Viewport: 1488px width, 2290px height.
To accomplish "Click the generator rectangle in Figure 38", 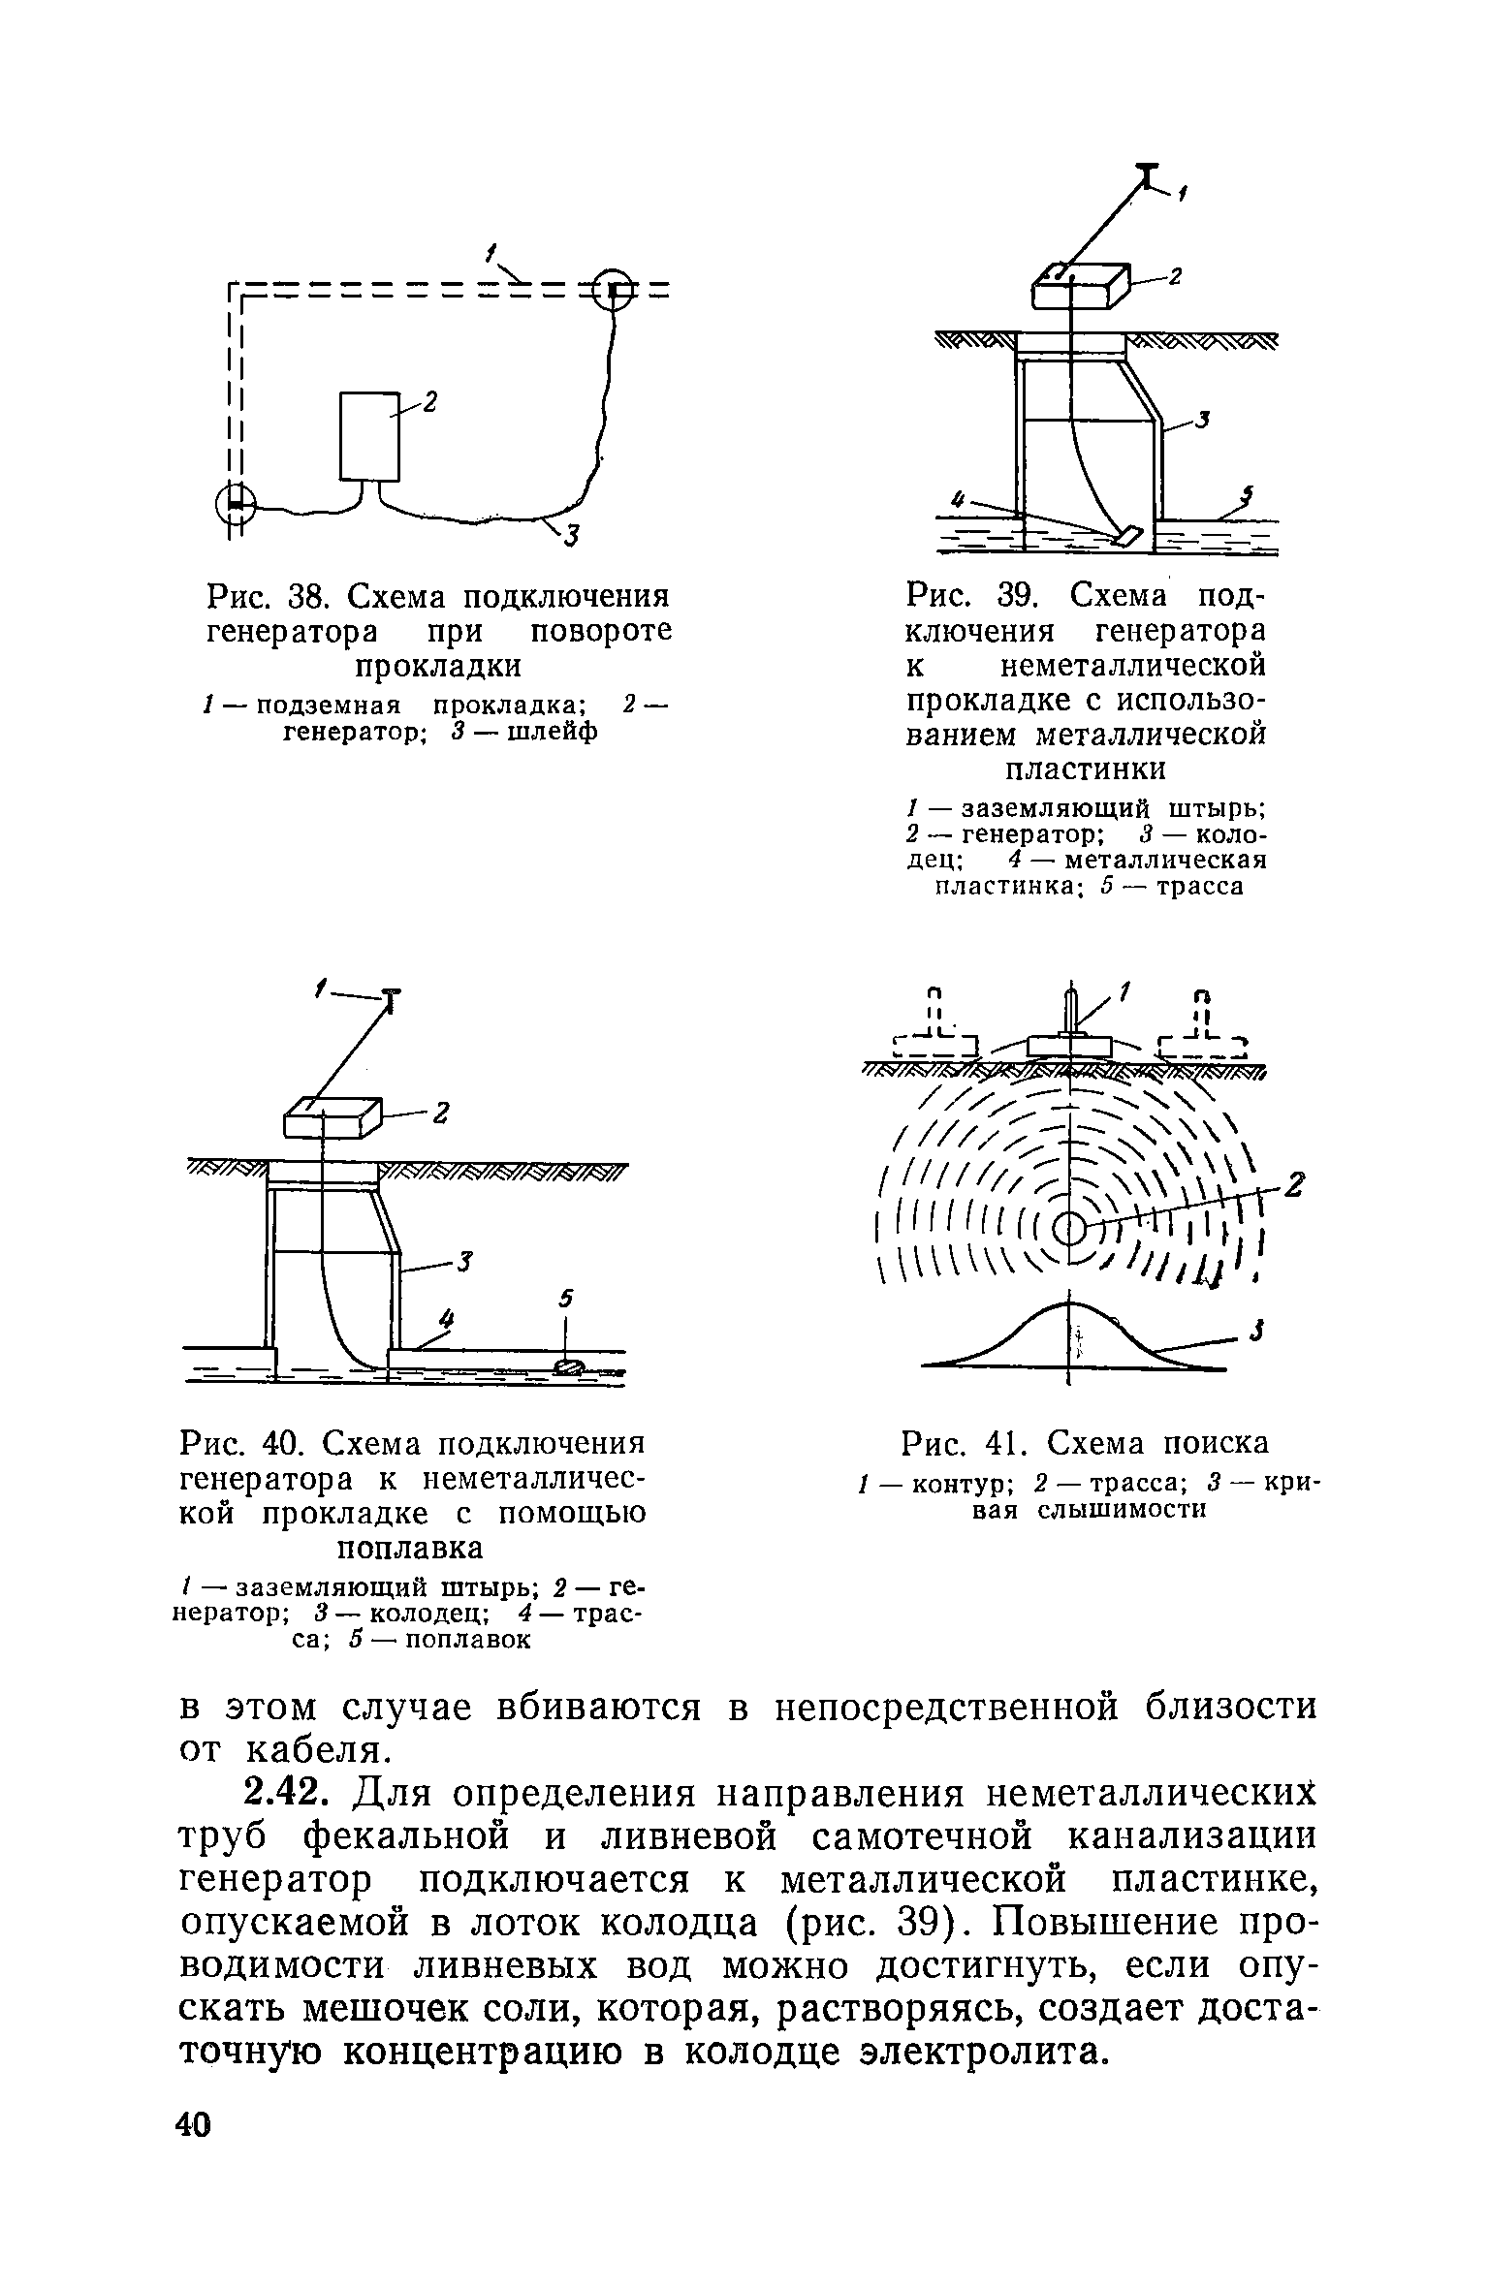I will [369, 436].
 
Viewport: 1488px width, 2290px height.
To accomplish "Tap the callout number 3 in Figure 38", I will [570, 534].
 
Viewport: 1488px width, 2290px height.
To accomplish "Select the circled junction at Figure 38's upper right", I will [614, 288].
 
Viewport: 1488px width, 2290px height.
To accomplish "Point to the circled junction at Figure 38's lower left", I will [235, 502].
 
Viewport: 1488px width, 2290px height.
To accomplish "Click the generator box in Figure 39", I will [1080, 285].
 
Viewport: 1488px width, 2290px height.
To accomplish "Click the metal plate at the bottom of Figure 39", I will [1129, 534].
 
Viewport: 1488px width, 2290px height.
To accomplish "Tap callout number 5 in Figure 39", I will [1249, 496].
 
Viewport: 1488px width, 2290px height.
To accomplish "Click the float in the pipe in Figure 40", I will [568, 1366].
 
